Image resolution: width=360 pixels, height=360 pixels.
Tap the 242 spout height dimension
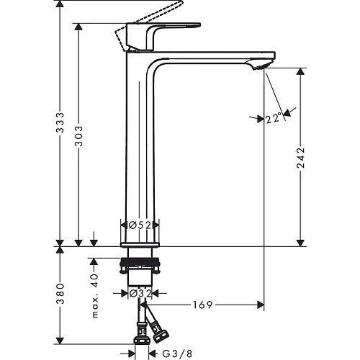coord(301,157)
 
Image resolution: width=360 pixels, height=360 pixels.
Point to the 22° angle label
coord(272,119)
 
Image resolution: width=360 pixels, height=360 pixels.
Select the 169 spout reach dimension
coord(202,305)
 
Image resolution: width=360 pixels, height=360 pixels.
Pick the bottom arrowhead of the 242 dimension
coord(301,242)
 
